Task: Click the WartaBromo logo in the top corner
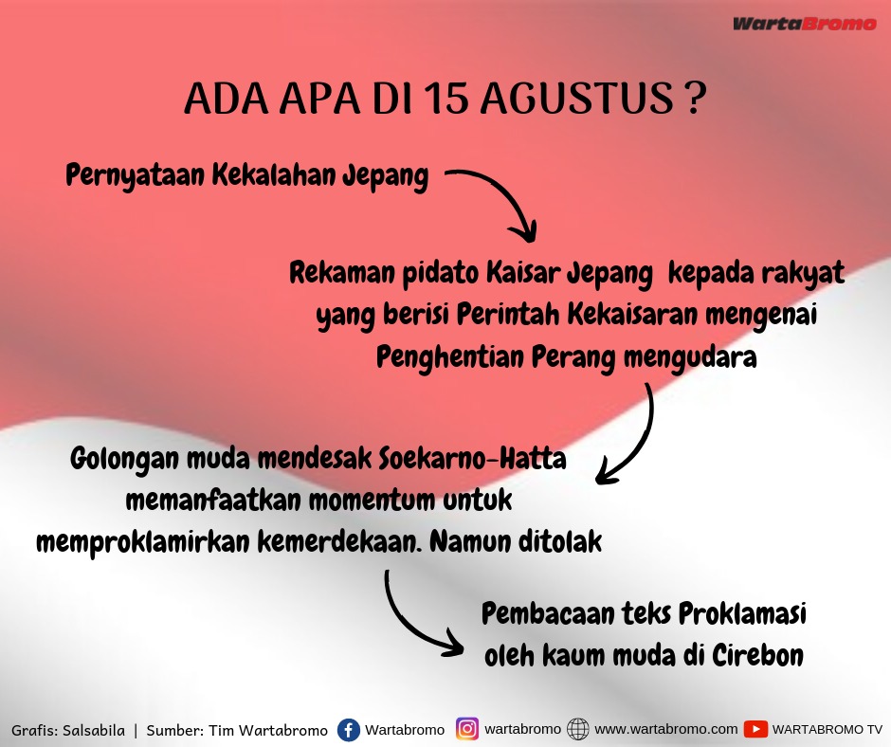pyautogui.click(x=804, y=24)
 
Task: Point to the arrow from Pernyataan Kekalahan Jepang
pyautogui.click(x=507, y=191)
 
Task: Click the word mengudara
pyautogui.click(x=690, y=357)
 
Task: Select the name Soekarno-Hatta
pyautogui.click(x=472, y=458)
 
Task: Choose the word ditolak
pyautogui.click(x=559, y=542)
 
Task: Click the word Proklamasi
pyautogui.click(x=742, y=614)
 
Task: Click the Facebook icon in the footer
pyautogui.click(x=348, y=730)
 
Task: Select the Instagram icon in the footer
pyautogui.click(x=467, y=729)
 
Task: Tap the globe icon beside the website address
pyautogui.click(x=578, y=729)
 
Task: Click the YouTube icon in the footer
pyautogui.click(x=755, y=729)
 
